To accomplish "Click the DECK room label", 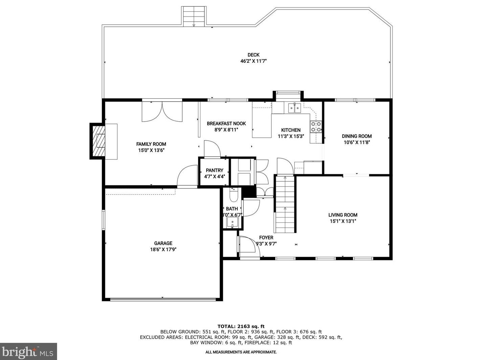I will pos(254,55).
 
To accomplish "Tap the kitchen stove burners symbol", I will pos(316,127).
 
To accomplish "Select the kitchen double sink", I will pos(294,108).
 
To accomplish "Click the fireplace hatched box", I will pos(98,141).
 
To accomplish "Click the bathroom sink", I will pos(233,222).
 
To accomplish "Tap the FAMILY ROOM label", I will pos(151,144).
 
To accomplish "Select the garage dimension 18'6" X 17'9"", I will pos(163,250).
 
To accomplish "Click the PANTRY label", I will pos(214,170).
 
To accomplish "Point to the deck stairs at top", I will pos(194,16).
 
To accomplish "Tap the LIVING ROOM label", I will pos(343,215).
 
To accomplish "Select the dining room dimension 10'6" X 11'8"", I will pos(357,142).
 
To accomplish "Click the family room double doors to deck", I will pos(162,111).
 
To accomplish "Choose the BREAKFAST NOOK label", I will pos(226,124).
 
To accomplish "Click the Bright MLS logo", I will pos(28,352).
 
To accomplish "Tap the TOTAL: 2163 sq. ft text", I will pos(241,326).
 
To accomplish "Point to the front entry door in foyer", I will pos(248,246).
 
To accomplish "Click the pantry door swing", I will pos(212,149).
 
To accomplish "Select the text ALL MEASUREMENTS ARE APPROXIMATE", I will pos(241,352).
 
